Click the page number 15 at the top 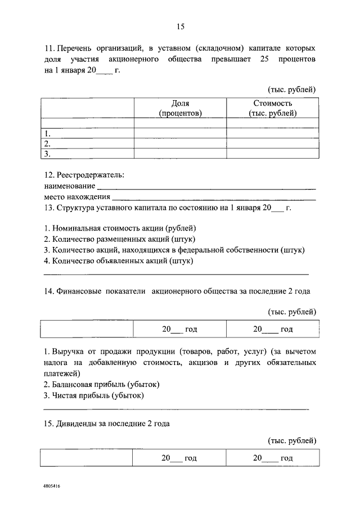(180, 26)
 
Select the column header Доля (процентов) (180, 108)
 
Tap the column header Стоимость (273, 103)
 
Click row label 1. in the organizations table (48, 134)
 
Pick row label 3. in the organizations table (48, 153)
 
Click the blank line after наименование (206, 186)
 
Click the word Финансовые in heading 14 (79, 292)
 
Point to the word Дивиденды (77, 424)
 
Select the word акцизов (204, 363)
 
